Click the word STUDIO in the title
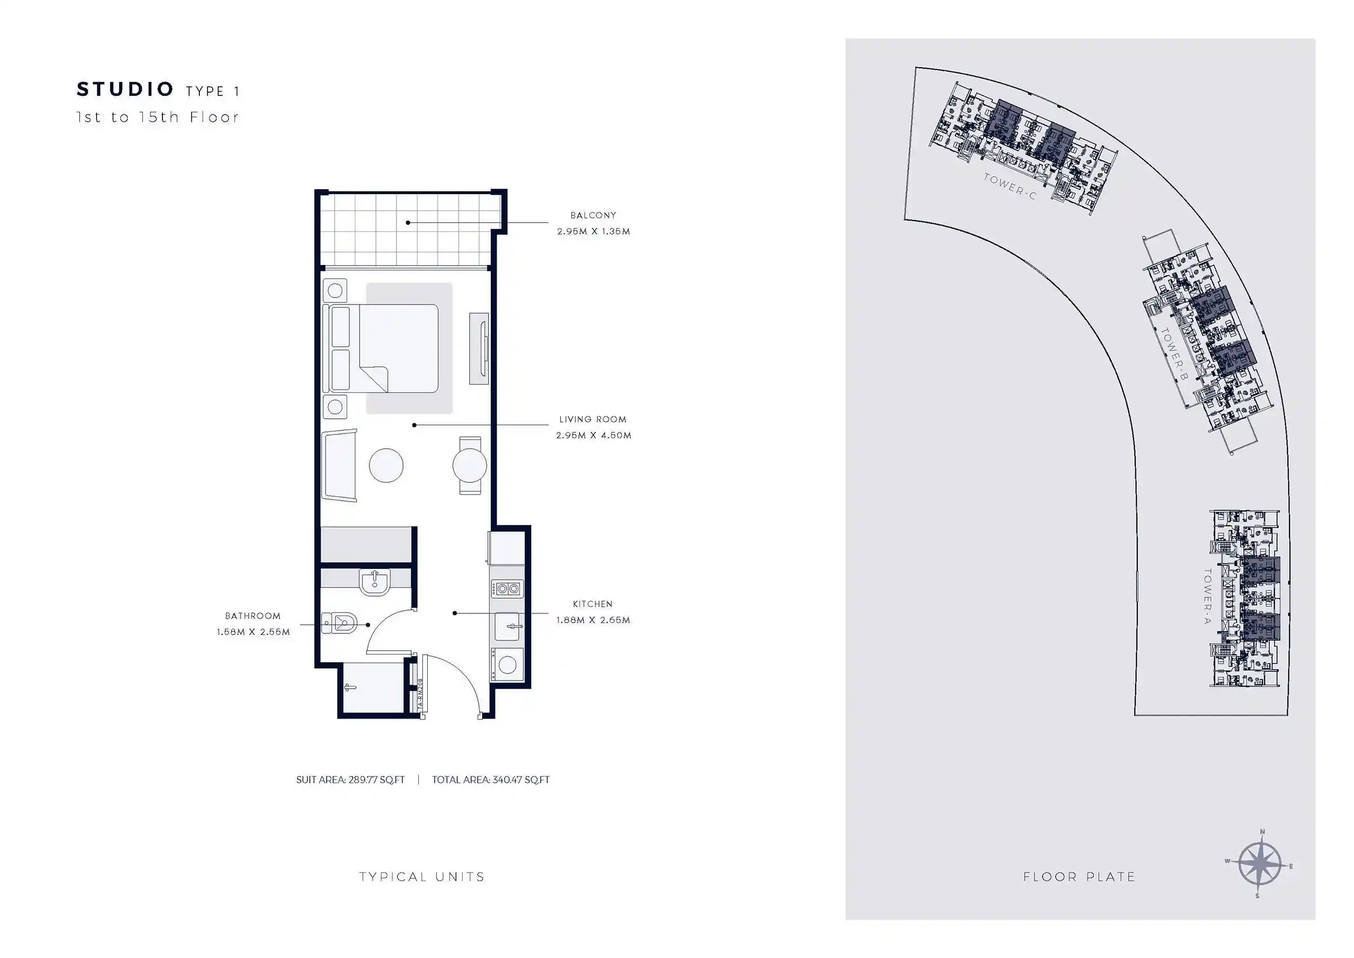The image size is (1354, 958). pyautogui.click(x=125, y=89)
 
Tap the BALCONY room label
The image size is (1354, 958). pyautogui.click(x=593, y=215)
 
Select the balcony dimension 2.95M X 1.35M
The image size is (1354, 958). pyautogui.click(x=593, y=231)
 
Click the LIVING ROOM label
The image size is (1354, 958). pyautogui.click(x=593, y=419)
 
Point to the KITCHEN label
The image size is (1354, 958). pyautogui.click(x=593, y=604)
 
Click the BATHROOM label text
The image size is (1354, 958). pyautogui.click(x=252, y=616)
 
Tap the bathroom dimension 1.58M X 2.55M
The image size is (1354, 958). pyautogui.click(x=253, y=632)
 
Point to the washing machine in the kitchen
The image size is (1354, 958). pyautogui.click(x=507, y=665)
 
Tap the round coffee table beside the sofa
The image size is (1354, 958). pyautogui.click(x=386, y=465)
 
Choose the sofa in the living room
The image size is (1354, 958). pyautogui.click(x=340, y=465)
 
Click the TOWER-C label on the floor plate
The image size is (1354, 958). pyautogui.click(x=1010, y=186)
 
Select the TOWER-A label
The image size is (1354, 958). pyautogui.click(x=1207, y=597)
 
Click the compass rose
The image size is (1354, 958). pyautogui.click(x=1260, y=864)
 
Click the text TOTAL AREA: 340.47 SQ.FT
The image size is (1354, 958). pyautogui.click(x=491, y=780)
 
